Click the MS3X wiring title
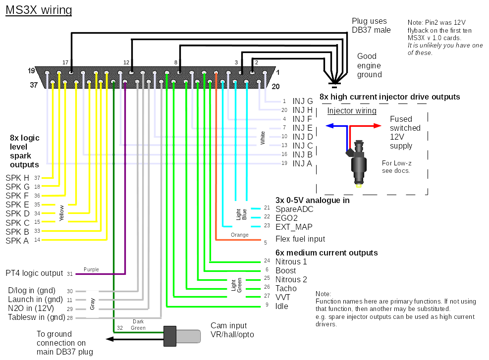[39, 10]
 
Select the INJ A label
[303, 163]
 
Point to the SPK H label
[17, 178]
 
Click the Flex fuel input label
[300, 239]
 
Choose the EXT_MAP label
[294, 227]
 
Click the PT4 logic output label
[34, 273]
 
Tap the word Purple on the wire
[91, 269]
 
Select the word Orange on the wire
[240, 235]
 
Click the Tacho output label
[286, 288]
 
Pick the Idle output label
[282, 306]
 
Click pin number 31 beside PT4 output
[70, 274]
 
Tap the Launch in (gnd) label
[35, 300]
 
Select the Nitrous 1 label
[291, 261]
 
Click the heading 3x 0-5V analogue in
[313, 201]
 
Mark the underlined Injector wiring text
[352, 111]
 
